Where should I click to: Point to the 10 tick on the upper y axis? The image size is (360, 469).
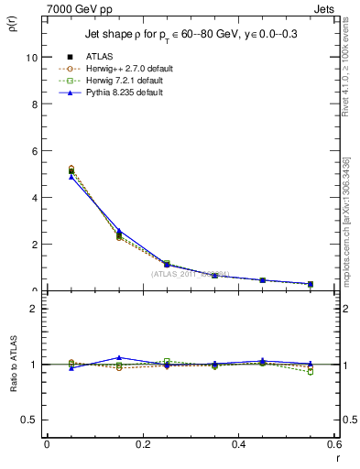pos(32,57)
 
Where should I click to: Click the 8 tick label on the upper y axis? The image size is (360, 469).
pos(35,104)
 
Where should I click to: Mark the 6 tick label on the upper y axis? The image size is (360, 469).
pos(35,150)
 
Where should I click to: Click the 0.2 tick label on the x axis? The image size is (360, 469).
pos(142,444)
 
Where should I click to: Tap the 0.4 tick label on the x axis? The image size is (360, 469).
pos(238,444)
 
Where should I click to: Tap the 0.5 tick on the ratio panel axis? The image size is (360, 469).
pos(30,420)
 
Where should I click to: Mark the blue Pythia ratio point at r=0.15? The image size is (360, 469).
pos(118,357)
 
